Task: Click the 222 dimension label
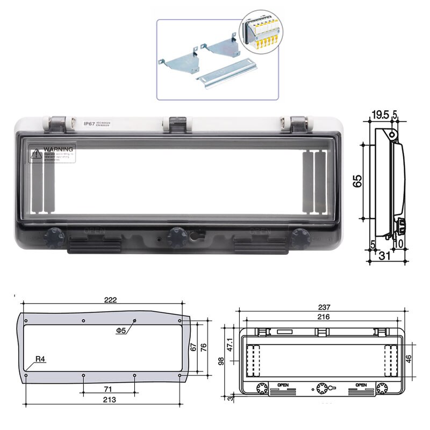(111, 300)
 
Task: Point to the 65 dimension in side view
(357, 181)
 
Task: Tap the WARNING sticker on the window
(53, 152)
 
